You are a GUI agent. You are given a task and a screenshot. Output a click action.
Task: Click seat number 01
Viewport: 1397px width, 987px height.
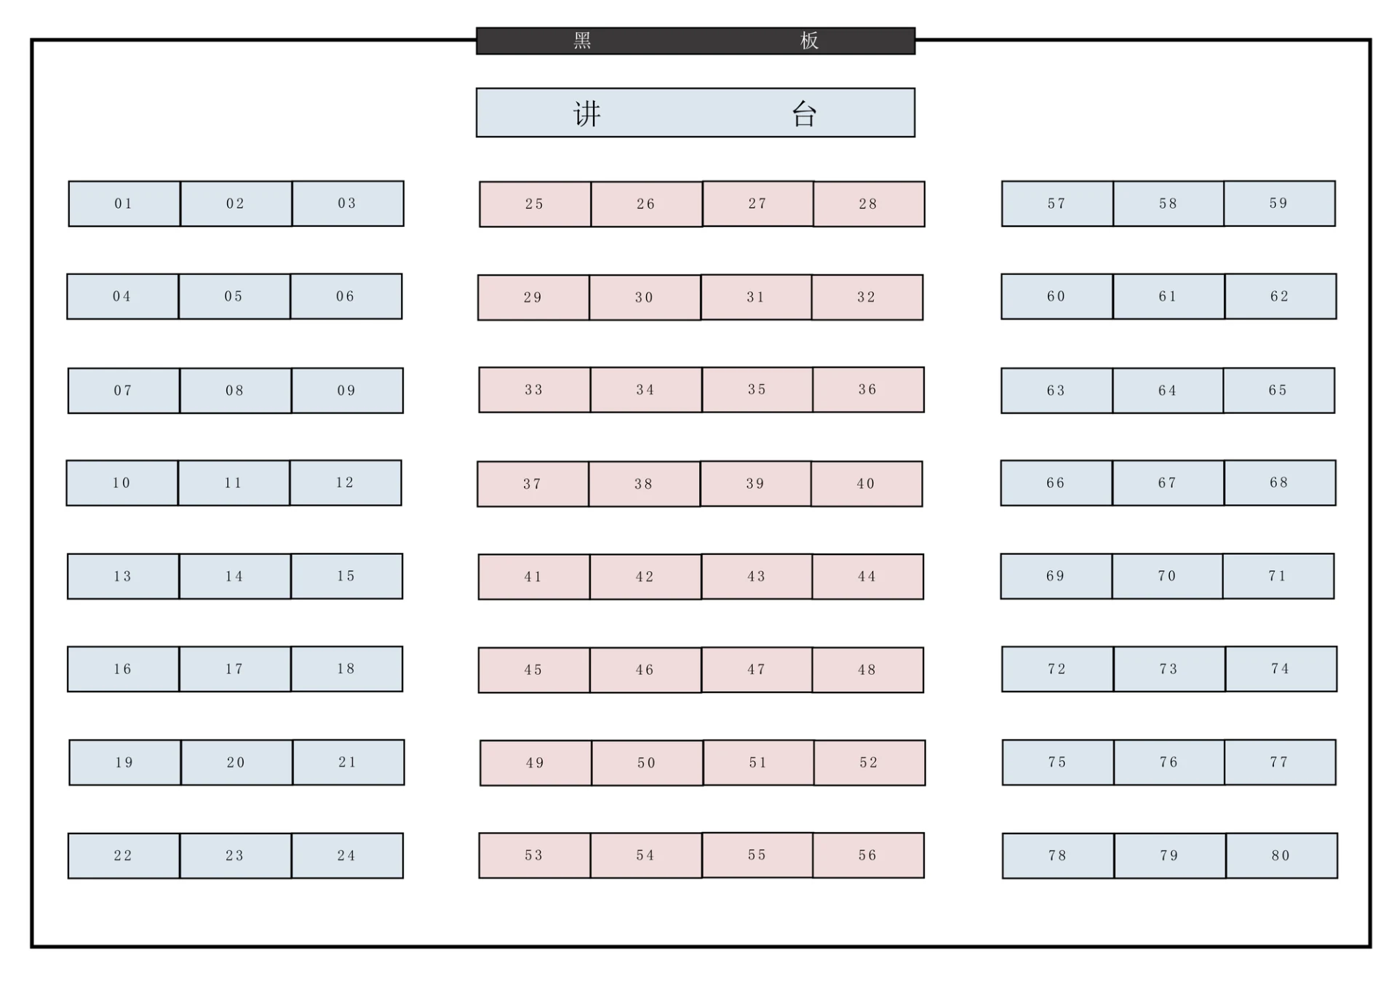(124, 204)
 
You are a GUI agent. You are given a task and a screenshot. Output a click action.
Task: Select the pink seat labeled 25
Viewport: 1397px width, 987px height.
(535, 204)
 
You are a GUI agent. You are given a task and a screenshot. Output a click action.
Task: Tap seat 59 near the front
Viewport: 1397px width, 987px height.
(1279, 204)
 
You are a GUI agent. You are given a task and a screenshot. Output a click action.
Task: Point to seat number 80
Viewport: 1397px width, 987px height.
(1281, 855)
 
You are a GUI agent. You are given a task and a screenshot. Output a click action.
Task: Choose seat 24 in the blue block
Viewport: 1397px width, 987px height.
(347, 855)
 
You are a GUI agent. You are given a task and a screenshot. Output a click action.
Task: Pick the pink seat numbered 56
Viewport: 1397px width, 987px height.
(868, 855)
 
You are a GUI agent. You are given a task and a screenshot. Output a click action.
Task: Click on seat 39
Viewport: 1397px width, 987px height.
(755, 484)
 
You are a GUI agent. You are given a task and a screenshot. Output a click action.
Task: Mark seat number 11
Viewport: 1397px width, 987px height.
(234, 483)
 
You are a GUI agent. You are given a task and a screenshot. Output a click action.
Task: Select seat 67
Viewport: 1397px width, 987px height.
(1168, 483)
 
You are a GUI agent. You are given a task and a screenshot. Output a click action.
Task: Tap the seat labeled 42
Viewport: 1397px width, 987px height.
(645, 577)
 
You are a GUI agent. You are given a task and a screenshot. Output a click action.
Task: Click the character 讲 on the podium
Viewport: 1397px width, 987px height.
(587, 113)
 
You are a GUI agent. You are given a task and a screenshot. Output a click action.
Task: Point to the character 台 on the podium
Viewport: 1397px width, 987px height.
(804, 113)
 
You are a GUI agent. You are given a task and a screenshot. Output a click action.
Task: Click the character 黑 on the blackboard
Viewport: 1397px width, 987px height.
(582, 41)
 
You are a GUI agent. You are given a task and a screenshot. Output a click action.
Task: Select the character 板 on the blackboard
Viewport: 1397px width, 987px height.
(809, 41)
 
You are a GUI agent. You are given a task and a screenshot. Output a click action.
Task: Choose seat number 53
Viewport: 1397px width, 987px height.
(534, 855)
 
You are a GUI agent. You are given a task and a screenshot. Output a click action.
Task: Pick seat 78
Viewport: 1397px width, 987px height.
(1058, 855)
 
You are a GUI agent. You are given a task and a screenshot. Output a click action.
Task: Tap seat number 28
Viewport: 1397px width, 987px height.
(869, 204)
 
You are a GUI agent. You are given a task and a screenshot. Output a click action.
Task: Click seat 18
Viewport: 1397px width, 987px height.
(346, 669)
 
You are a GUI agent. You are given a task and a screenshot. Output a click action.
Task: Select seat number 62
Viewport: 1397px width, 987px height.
(1280, 297)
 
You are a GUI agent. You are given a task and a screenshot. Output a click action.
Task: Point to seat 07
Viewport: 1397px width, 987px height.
(124, 391)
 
